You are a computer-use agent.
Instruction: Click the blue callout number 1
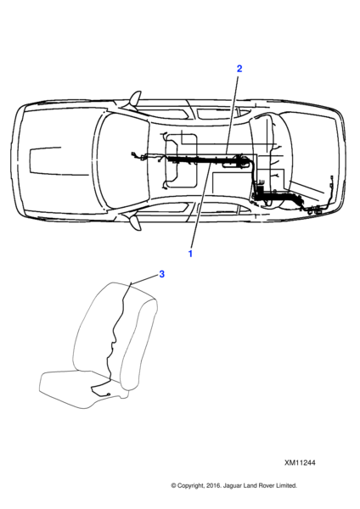click(190, 254)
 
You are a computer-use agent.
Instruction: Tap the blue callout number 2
click(239, 69)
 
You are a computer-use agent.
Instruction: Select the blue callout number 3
click(161, 274)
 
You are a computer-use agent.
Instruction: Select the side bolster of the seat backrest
click(139, 344)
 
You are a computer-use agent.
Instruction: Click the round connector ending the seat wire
click(109, 394)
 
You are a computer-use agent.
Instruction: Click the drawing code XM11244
click(300, 462)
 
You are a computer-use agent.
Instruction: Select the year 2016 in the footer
click(213, 485)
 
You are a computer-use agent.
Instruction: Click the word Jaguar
click(232, 486)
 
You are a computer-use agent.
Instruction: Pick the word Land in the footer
click(249, 485)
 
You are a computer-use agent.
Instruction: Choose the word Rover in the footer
click(264, 485)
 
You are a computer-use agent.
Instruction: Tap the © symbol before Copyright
click(173, 485)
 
